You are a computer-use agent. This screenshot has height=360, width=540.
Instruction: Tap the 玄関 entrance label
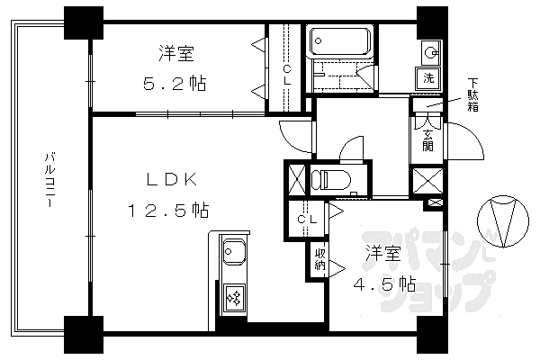[x=429, y=136]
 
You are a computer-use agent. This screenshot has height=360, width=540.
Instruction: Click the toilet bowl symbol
[x=333, y=178]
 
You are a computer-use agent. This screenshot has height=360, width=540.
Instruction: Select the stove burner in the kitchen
[x=233, y=298]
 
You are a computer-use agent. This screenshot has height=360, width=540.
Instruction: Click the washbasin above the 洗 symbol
[x=430, y=50]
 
